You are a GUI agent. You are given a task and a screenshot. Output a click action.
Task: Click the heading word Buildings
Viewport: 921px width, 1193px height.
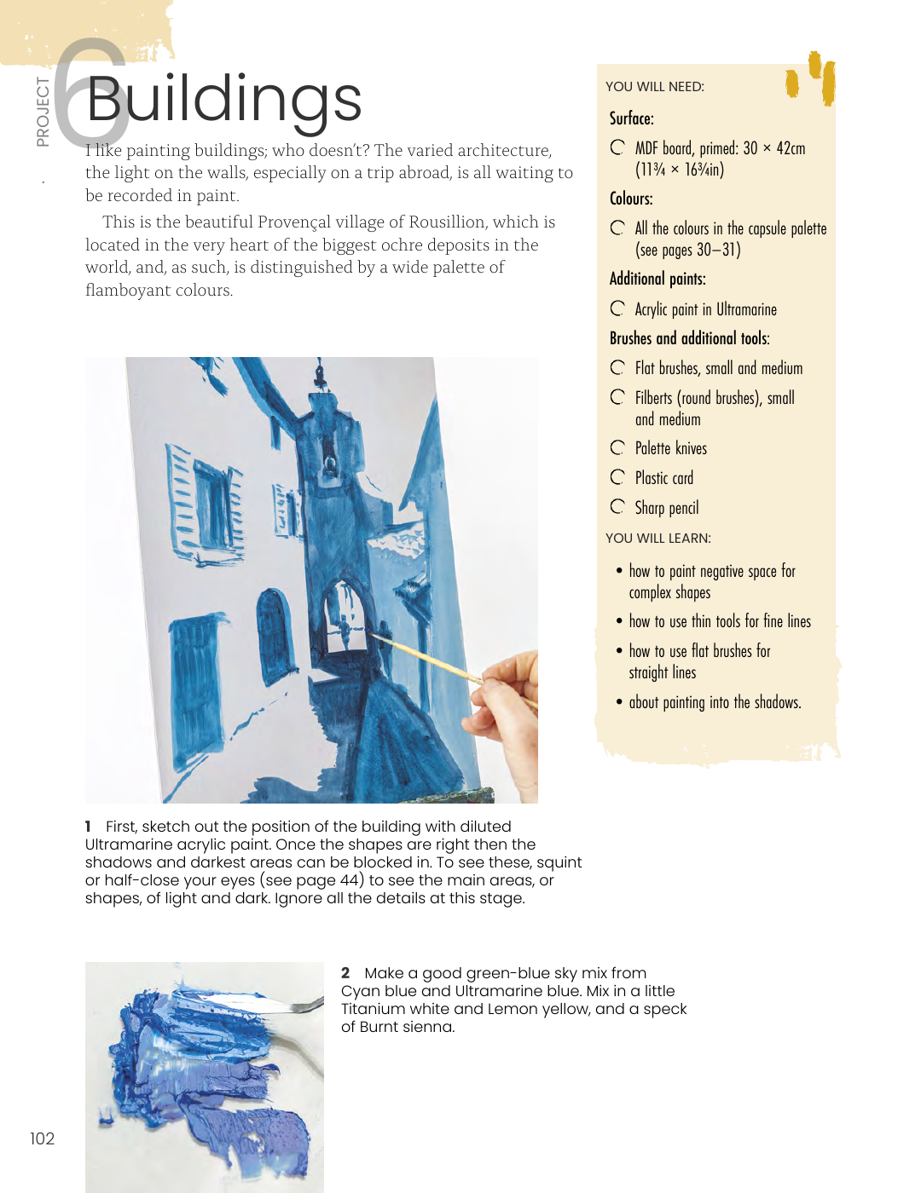[224, 101]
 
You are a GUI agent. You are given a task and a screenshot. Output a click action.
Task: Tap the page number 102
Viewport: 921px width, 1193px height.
[42, 1138]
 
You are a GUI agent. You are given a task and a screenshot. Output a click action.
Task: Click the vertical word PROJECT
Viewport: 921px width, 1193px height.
[43, 112]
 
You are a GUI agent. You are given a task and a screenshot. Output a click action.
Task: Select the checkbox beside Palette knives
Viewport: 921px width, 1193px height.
[617, 447]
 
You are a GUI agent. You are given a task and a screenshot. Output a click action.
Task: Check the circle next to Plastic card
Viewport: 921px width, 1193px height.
[617, 477]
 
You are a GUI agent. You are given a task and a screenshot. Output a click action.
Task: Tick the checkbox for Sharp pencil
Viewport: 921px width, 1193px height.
[617, 507]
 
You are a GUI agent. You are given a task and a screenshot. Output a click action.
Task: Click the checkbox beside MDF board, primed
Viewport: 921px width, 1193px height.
[617, 147]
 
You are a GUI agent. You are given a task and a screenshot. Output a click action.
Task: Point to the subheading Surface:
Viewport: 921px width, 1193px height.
[631, 118]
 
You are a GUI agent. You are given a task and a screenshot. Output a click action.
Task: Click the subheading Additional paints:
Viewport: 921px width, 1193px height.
[657, 279]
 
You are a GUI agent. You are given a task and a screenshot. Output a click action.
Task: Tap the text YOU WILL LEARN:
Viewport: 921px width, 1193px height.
[657, 538]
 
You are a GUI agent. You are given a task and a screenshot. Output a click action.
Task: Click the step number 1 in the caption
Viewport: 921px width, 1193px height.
[88, 827]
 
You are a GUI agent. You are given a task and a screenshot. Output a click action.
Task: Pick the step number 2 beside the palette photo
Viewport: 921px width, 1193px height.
[345, 973]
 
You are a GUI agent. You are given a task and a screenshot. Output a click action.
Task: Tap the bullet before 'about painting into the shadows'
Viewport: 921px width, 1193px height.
[619, 702]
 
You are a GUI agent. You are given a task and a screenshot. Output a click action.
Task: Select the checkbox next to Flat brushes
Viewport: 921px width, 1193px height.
[617, 367]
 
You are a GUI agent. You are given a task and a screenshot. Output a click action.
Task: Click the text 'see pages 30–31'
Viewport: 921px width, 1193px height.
[687, 250]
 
